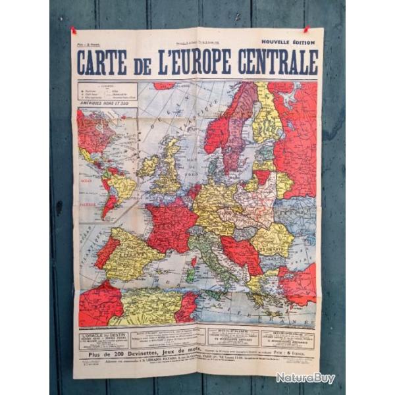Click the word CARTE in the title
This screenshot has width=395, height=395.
(102, 63)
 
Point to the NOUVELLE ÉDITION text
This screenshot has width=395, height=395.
(288, 41)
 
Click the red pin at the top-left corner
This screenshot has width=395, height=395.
(74, 30)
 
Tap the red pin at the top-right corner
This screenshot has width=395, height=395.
(306, 30)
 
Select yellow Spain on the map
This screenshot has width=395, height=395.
(135, 253)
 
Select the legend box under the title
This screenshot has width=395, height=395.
(107, 91)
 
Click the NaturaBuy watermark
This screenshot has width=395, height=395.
(305, 378)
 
